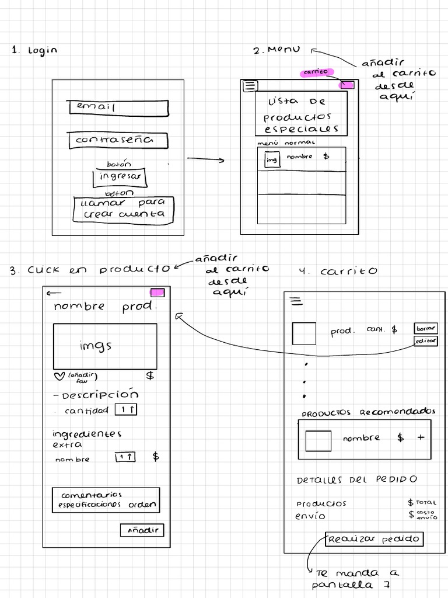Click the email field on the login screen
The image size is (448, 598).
pyautogui.click(x=118, y=107)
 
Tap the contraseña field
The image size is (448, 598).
pyautogui.click(x=118, y=141)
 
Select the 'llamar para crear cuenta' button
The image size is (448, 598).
pyautogui.click(x=124, y=210)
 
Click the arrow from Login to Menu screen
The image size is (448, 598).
pyautogui.click(x=205, y=159)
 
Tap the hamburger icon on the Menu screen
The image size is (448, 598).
pyautogui.click(x=250, y=86)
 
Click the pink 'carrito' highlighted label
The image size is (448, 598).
pyautogui.click(x=317, y=72)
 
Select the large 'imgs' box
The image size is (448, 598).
pyautogui.click(x=105, y=346)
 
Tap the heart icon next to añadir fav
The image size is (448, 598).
pyautogui.click(x=57, y=376)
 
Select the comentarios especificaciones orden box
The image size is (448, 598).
pyautogui.click(x=105, y=500)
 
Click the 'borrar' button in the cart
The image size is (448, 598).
pyautogui.click(x=426, y=328)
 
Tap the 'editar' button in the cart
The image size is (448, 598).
pyautogui.click(x=426, y=342)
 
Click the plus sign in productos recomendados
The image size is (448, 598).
pyautogui.click(x=421, y=437)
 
